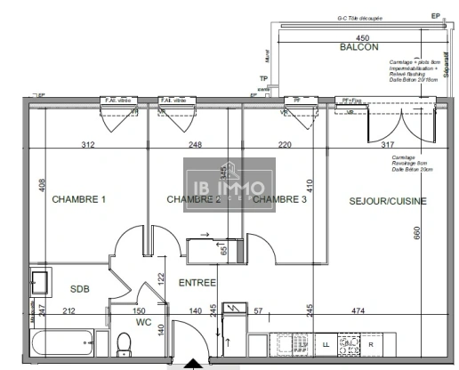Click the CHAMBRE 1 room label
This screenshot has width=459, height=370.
79,199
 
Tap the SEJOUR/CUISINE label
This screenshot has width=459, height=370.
387,200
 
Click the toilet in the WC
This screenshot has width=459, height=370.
125,344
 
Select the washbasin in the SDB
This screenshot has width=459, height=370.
41,283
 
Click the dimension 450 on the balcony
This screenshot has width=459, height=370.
362,38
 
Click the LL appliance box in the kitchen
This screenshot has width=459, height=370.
326,343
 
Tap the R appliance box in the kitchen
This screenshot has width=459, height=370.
371,343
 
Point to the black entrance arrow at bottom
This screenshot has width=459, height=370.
192,364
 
